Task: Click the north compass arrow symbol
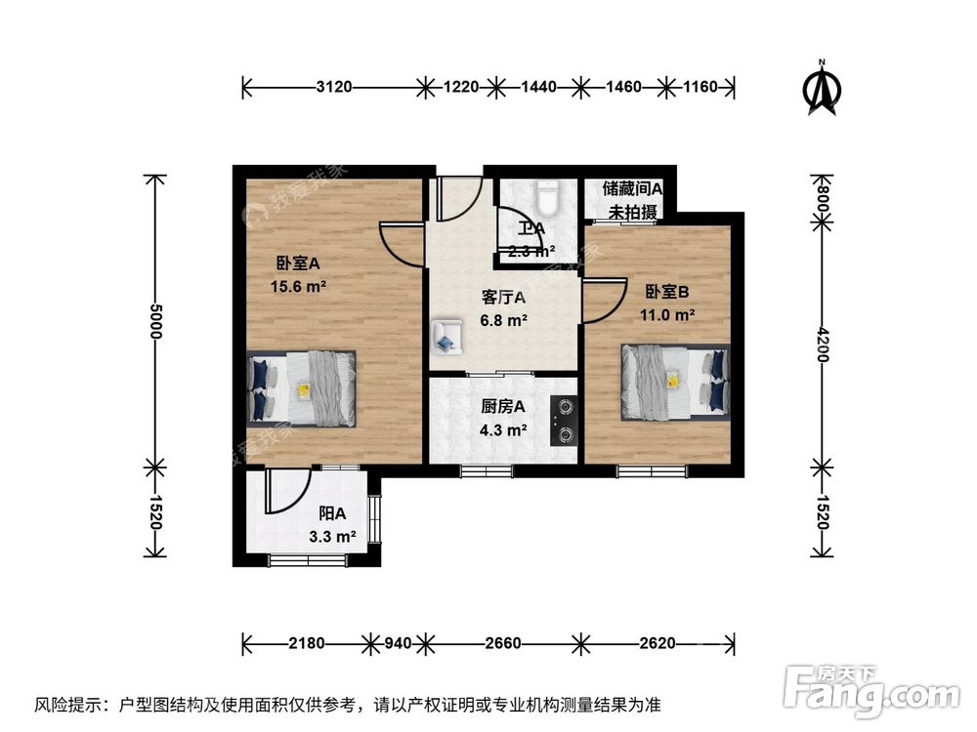pyautogui.click(x=823, y=89)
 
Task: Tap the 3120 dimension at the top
pyautogui.click(x=334, y=88)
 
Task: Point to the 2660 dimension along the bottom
pyautogui.click(x=502, y=643)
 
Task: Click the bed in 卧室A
pyautogui.click(x=302, y=387)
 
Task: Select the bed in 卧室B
pyautogui.click(x=675, y=380)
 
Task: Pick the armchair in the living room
pyautogui.click(x=448, y=334)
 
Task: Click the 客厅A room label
pyautogui.click(x=504, y=299)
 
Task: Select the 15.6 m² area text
pyautogui.click(x=298, y=286)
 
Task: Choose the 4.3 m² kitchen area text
pyautogui.click(x=504, y=428)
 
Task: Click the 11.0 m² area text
pyautogui.click(x=668, y=314)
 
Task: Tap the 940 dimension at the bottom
pyautogui.click(x=396, y=643)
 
